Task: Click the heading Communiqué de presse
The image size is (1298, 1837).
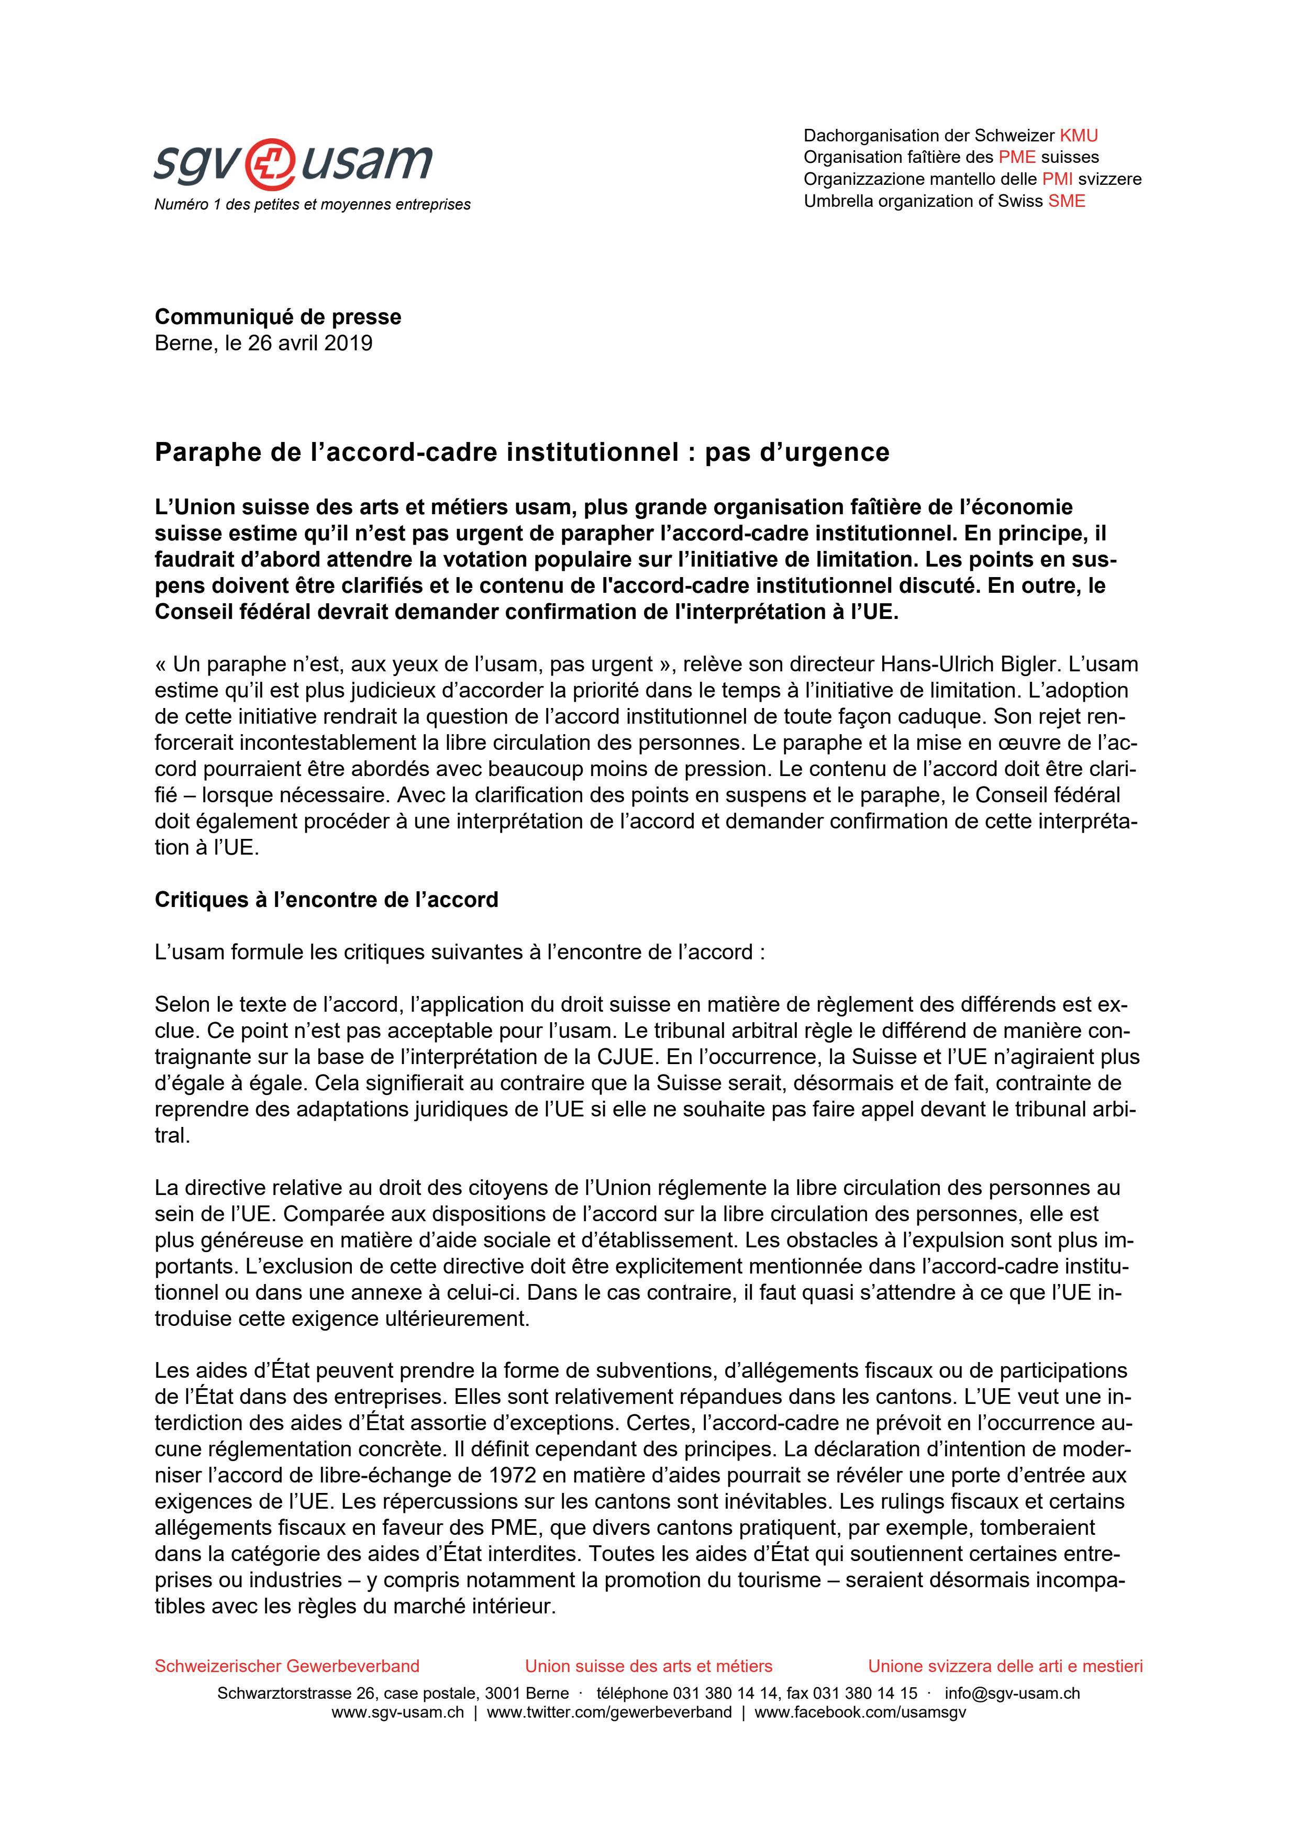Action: [278, 317]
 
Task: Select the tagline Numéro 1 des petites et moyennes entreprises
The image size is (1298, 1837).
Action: [312, 205]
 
